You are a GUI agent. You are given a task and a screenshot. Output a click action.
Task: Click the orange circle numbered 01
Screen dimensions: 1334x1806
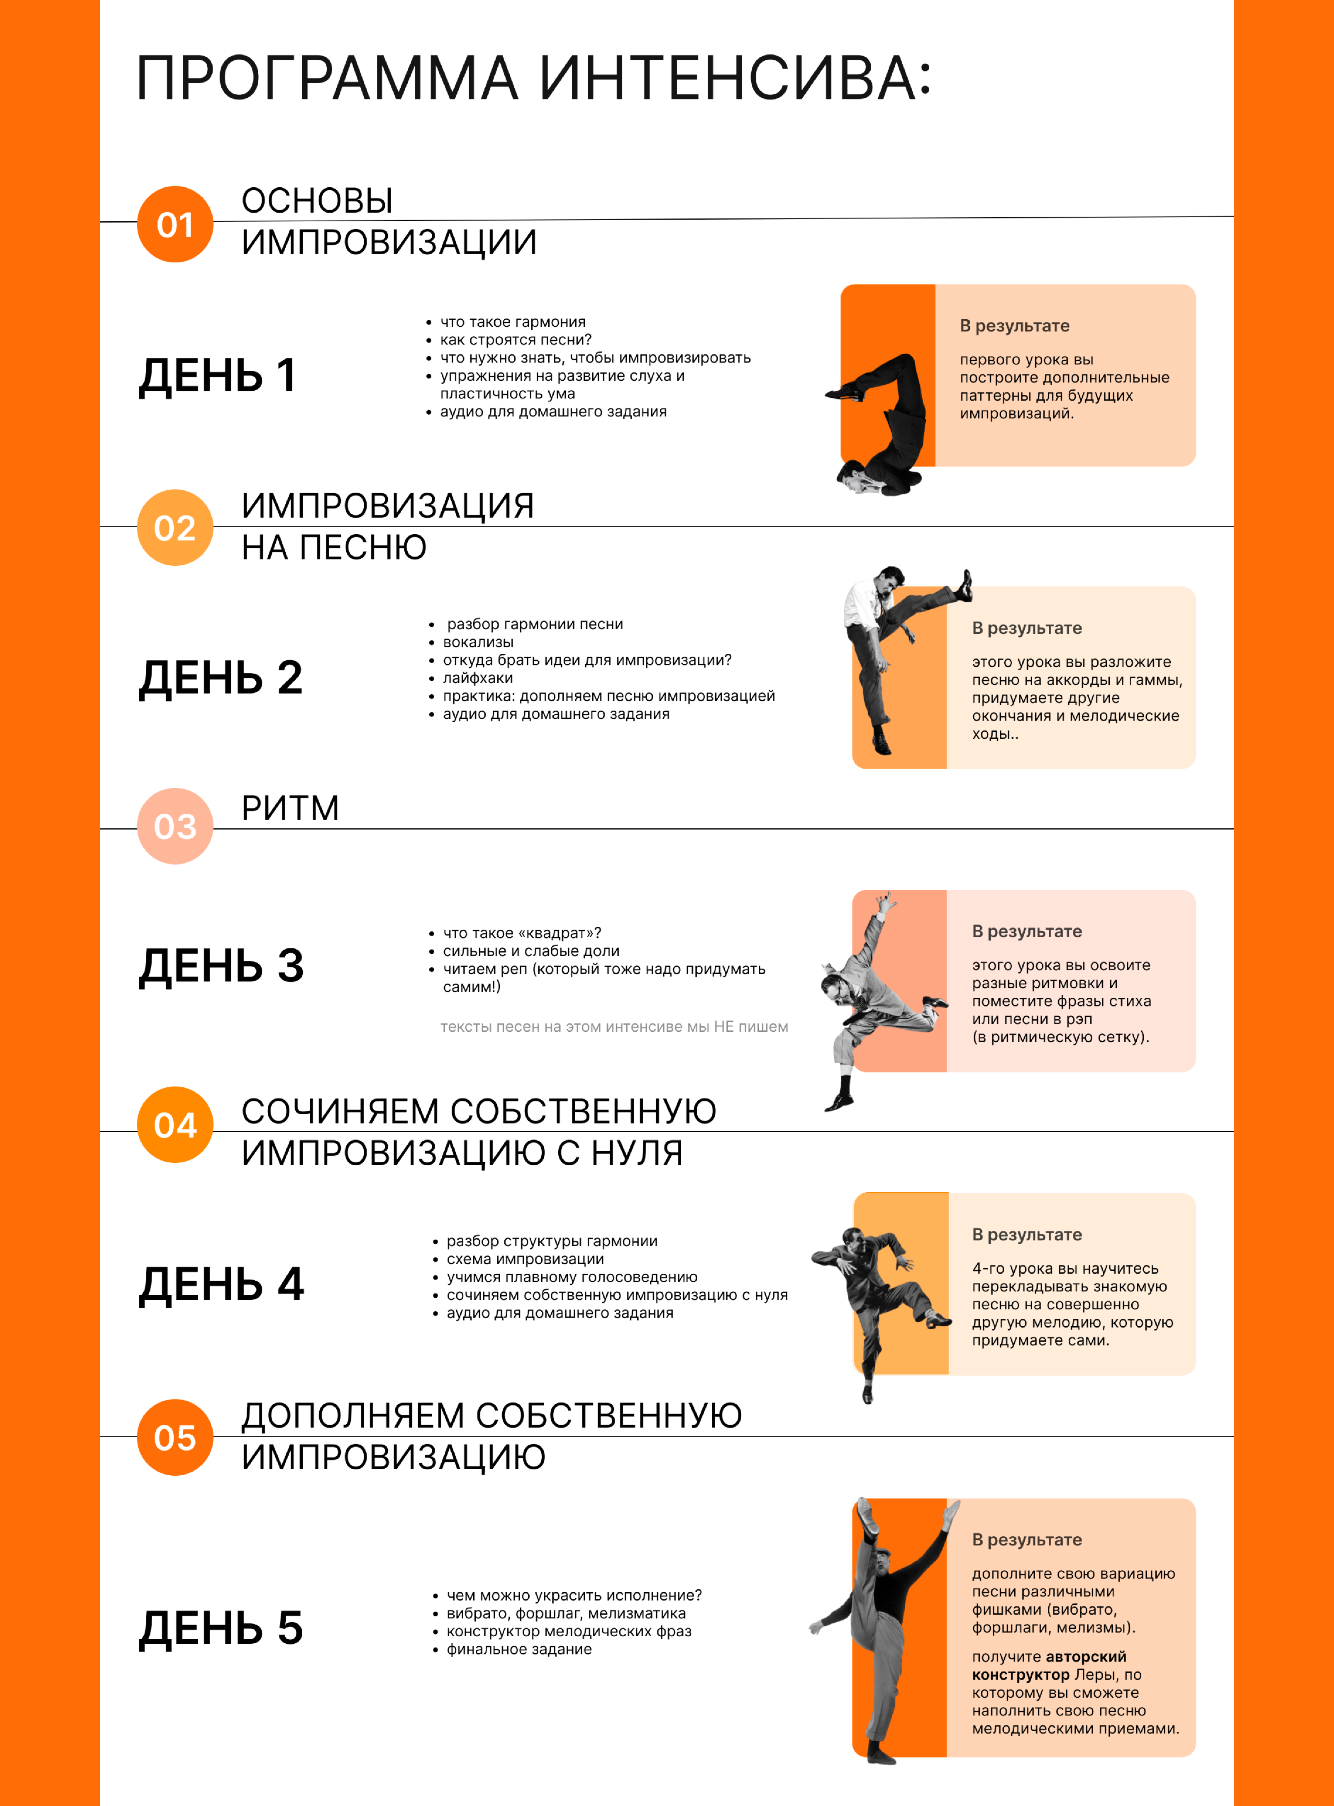pos(175,224)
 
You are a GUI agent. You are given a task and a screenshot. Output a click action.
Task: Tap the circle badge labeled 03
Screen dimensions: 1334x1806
pos(175,826)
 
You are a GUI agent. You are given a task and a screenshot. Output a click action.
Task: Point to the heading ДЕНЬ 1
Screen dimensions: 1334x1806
pos(218,375)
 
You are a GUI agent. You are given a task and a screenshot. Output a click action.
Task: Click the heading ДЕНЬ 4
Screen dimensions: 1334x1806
pos(221,1284)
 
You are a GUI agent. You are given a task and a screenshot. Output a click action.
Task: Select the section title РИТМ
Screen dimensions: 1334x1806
pos(290,808)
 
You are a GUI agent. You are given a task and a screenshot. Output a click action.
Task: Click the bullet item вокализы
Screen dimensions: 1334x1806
pos(478,642)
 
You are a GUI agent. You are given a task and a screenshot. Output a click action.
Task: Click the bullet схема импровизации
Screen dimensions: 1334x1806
pos(525,1259)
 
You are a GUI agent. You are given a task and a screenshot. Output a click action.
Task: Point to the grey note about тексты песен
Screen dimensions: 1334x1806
pos(614,1027)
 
